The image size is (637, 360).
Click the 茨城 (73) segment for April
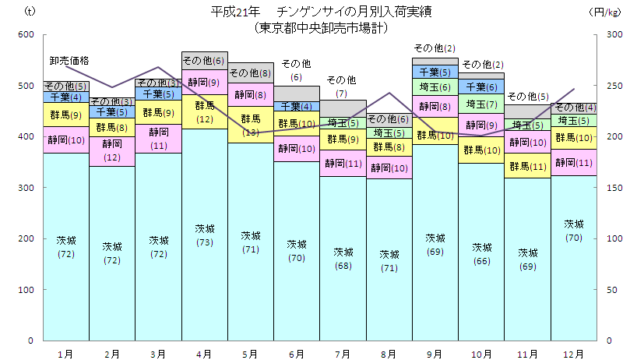[205, 235]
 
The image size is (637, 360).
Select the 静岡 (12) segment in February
[112, 151]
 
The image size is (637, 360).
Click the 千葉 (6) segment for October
[481, 86]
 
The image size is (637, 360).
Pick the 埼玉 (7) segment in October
[481, 104]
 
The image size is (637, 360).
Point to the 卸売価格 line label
[69, 60]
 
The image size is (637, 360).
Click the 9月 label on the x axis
[435, 354]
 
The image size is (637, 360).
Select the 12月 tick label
[574, 354]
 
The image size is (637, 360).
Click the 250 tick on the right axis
[614, 86]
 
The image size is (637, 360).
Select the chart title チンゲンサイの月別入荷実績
[321, 12]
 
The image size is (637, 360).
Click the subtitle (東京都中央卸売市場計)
[321, 26]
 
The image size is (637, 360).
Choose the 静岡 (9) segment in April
[205, 82]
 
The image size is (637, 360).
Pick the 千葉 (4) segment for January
[66, 97]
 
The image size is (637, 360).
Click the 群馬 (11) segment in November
[528, 166]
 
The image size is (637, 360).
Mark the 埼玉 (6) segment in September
[435, 86]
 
